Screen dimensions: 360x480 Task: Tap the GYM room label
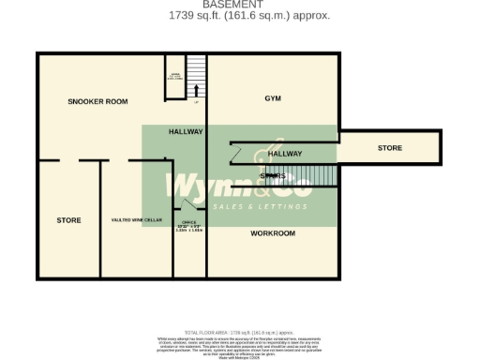(x=273, y=97)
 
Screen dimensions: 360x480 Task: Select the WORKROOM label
(x=273, y=232)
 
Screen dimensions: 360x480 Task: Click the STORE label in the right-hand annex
(x=390, y=148)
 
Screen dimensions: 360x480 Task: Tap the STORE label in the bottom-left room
(x=68, y=220)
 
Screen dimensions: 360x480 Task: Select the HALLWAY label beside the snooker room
(x=186, y=132)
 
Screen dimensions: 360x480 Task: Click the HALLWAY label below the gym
(x=285, y=153)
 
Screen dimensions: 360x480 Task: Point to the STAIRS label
(x=273, y=175)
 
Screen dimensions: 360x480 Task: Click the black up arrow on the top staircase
(x=196, y=91)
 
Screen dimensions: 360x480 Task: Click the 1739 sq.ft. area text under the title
(x=248, y=16)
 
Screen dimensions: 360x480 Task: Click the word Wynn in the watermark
(x=201, y=183)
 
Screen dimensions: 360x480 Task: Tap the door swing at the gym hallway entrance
(x=237, y=153)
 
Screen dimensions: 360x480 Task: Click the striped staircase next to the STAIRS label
(x=310, y=175)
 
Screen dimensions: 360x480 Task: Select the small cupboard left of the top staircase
(x=175, y=75)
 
